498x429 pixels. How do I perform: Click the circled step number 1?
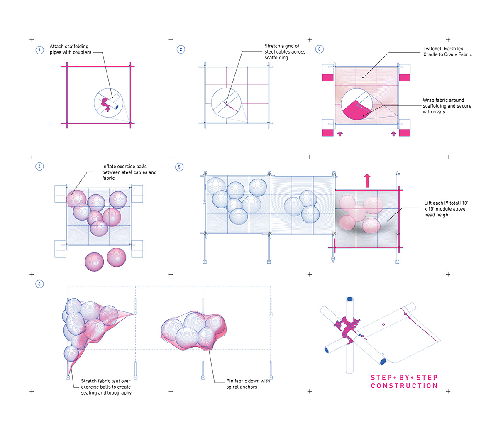39,50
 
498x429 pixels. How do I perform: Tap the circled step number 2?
181,49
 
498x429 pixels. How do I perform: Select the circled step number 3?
319,49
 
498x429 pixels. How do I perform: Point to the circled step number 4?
39,167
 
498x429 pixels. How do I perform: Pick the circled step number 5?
179,167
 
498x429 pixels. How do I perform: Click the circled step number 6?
39,284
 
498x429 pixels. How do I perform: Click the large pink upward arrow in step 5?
367,181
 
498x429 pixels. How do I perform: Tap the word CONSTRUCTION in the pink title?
404,386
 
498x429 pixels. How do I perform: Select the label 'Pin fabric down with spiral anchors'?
248,384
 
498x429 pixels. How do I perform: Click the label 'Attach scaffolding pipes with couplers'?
70,49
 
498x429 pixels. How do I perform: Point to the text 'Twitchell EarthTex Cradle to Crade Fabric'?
447,51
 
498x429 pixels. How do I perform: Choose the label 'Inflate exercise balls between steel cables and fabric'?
129,172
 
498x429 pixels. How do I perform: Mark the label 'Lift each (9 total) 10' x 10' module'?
446,209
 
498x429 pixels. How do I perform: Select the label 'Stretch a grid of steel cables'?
285,52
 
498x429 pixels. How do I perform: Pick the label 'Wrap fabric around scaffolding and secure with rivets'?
447,106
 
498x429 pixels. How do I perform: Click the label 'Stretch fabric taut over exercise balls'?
106,387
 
